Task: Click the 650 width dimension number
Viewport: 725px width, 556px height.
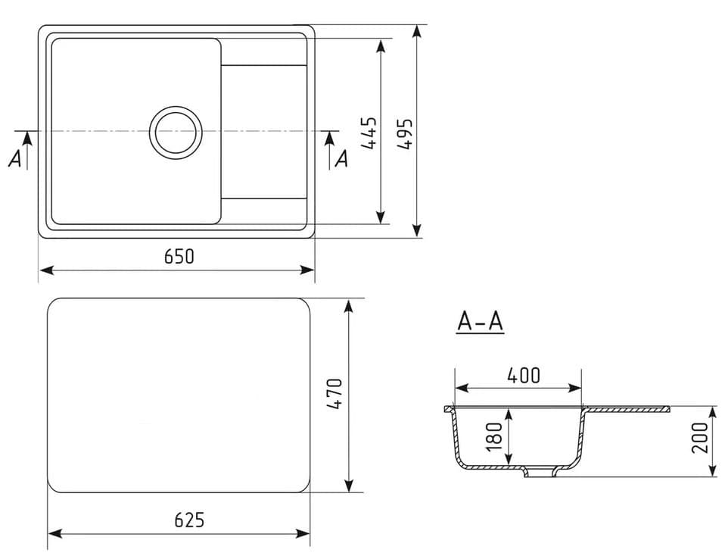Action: (x=179, y=257)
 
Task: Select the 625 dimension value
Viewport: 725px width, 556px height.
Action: (x=189, y=520)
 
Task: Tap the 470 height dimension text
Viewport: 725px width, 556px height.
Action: (x=335, y=395)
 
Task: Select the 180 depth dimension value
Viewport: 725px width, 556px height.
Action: (x=494, y=437)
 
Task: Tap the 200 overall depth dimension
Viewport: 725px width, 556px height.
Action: (x=700, y=437)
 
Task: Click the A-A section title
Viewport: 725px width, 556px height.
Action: (x=480, y=322)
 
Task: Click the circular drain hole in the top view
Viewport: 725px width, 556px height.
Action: (x=176, y=132)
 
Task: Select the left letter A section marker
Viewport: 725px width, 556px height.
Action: (x=14, y=158)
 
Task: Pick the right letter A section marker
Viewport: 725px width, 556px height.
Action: (x=341, y=158)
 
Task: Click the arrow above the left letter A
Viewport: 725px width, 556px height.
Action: (x=27, y=138)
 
